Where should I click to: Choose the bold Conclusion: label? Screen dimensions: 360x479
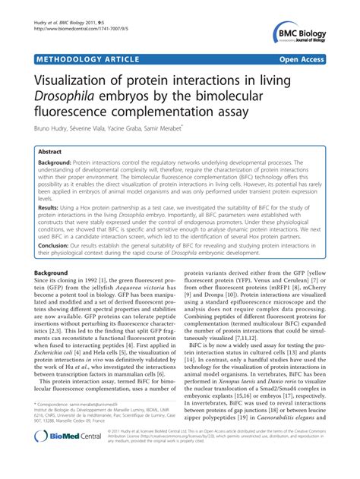pyautogui.click(x=56, y=246)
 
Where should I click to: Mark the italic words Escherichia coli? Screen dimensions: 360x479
pyautogui.click(x=54, y=352)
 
